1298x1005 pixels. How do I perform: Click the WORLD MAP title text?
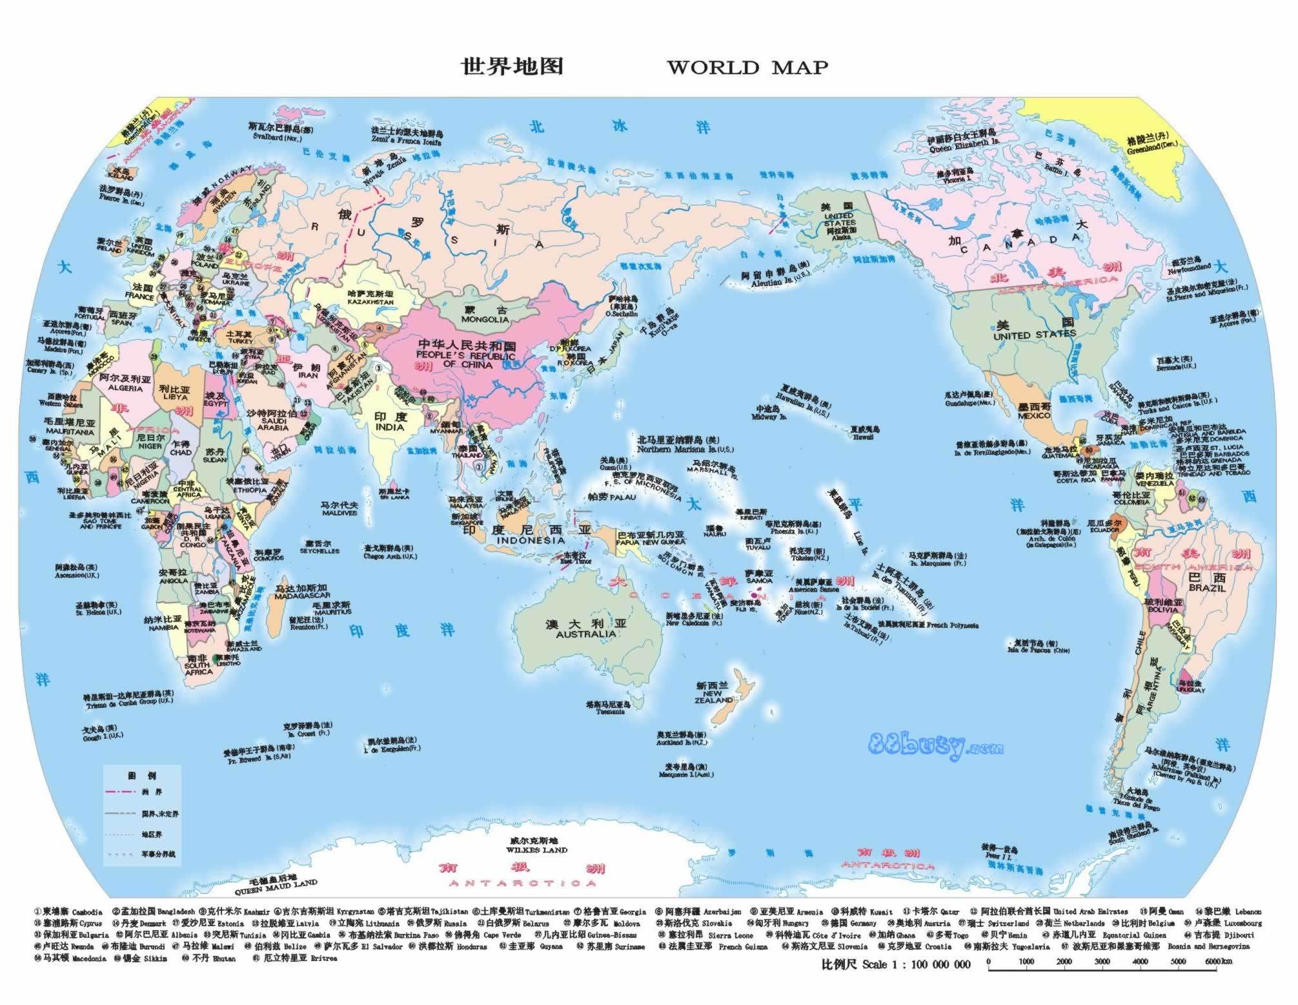click(747, 68)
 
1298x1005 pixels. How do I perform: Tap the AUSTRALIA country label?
click(585, 634)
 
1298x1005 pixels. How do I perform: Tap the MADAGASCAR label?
click(302, 596)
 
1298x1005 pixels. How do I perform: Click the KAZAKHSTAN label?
click(370, 302)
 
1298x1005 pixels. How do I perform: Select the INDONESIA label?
click(531, 541)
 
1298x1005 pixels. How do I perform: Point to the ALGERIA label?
click(125, 388)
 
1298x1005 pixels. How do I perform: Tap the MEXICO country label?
click(1034, 415)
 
